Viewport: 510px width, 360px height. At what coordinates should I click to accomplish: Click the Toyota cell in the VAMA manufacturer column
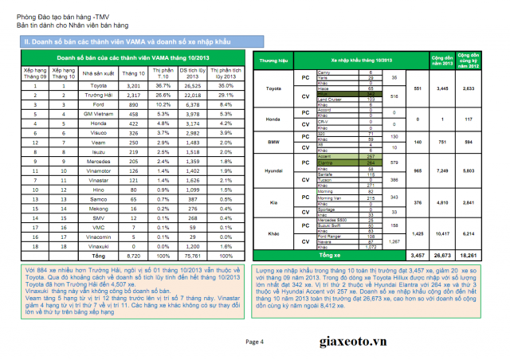pos(97,84)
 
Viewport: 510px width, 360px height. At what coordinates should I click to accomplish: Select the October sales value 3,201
pos(132,84)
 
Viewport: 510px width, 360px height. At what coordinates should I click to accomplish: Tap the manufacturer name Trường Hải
pos(97,95)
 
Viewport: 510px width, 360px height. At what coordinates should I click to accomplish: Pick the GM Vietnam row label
pos(97,115)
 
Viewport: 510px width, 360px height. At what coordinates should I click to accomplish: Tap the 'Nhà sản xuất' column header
pos(97,72)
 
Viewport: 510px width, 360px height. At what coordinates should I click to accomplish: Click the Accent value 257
pos(370,156)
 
